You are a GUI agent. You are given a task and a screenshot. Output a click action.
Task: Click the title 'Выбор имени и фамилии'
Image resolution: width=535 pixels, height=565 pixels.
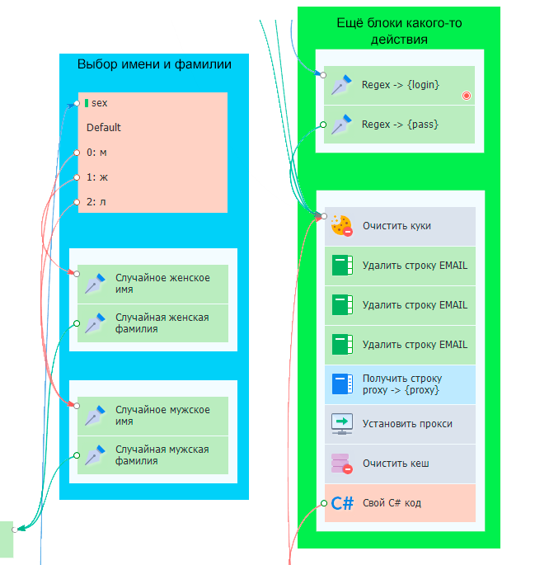point(154,64)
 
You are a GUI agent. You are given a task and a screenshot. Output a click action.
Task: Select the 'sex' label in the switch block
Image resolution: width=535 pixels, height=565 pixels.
point(100,103)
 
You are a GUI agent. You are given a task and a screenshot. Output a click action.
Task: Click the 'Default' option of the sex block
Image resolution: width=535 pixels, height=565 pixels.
point(104,128)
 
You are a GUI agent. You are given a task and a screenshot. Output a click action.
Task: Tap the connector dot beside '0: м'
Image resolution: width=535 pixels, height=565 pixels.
point(77,153)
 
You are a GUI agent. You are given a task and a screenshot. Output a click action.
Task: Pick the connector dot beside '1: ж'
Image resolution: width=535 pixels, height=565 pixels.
point(77,177)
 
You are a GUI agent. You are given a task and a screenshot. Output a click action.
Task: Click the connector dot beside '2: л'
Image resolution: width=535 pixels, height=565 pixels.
point(77,202)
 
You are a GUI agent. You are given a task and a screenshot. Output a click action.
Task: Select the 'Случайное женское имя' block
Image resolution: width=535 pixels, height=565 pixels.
point(162,284)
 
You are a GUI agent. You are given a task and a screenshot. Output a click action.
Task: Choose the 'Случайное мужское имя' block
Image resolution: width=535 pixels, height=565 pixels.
point(162,416)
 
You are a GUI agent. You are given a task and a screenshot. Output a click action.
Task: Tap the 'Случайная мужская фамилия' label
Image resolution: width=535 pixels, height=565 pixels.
point(162,455)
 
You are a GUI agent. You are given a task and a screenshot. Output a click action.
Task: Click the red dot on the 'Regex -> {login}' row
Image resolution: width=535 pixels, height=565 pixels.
point(467,97)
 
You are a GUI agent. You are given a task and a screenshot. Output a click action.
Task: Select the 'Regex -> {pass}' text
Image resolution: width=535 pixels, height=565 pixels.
point(400,125)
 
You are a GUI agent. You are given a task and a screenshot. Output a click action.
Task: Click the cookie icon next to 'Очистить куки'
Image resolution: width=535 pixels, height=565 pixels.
point(341,226)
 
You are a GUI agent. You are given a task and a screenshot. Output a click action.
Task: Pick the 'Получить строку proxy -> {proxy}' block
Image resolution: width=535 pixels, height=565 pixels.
point(400,384)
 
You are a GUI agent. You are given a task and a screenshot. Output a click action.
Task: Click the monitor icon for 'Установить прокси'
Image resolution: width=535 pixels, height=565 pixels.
point(341,424)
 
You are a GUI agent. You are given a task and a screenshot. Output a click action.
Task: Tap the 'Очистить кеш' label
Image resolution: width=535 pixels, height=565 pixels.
point(396,464)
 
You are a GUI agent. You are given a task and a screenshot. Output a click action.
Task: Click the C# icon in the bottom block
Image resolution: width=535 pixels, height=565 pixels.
point(342,503)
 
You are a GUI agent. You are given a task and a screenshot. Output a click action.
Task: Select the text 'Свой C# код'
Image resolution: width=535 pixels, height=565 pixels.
point(392,503)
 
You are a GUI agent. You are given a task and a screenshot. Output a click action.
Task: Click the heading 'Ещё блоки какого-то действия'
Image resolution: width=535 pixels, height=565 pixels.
point(399,31)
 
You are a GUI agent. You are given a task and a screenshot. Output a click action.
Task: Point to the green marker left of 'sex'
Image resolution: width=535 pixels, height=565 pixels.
point(86,103)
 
